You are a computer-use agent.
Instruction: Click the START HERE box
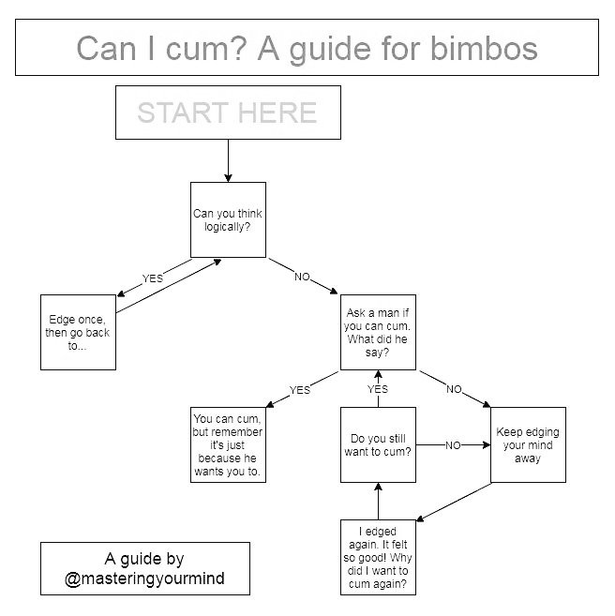[227, 113]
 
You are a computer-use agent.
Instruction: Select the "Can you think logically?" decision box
[228, 219]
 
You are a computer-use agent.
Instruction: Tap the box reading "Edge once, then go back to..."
[78, 332]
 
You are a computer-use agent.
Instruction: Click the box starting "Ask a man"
[378, 332]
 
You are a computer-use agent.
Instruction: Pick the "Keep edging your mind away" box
[528, 444]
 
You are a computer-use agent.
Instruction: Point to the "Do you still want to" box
[378, 444]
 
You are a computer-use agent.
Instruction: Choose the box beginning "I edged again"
[378, 558]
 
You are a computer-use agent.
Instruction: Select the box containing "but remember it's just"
[228, 444]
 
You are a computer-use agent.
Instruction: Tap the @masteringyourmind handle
[144, 578]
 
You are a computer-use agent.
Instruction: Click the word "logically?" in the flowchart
[228, 226]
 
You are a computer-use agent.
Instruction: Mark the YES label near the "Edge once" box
[152, 278]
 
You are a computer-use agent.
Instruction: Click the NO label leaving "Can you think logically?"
[302, 278]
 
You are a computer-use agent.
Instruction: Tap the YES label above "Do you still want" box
[378, 389]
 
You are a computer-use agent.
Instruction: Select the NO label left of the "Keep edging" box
[453, 445]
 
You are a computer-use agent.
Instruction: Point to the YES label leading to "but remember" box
[300, 389]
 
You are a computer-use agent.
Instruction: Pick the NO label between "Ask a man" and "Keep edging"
[454, 389]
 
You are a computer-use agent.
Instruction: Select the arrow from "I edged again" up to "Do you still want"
[378, 501]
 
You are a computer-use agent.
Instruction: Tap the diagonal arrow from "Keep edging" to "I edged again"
[455, 502]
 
